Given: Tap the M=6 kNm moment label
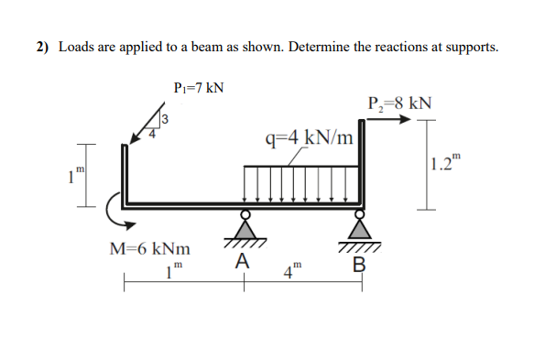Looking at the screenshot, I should tap(151, 248).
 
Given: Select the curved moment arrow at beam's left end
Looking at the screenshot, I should tap(114, 209).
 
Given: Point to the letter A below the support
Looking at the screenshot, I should tap(241, 262).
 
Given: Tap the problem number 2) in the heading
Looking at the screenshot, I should tap(43, 48).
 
